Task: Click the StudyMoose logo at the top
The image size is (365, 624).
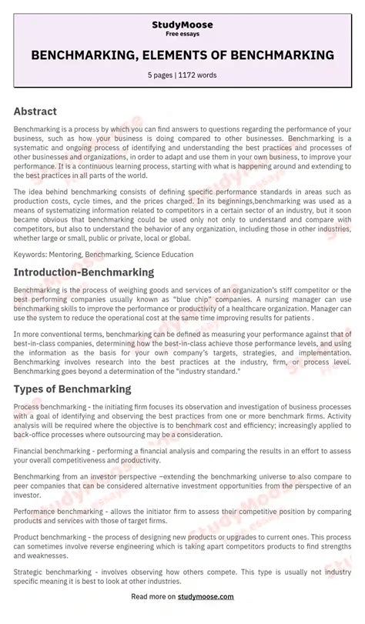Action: pos(182,25)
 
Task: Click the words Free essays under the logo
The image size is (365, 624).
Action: pos(182,35)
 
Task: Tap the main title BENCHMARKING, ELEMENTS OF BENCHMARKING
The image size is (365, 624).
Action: pos(182,55)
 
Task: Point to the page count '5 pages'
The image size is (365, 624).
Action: pos(162,75)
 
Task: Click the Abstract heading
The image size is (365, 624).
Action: pos(35,111)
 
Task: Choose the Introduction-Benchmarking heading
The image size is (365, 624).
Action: pos(84,272)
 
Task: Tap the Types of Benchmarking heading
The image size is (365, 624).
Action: pos(72,389)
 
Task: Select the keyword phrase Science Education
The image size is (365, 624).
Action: pos(164,254)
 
